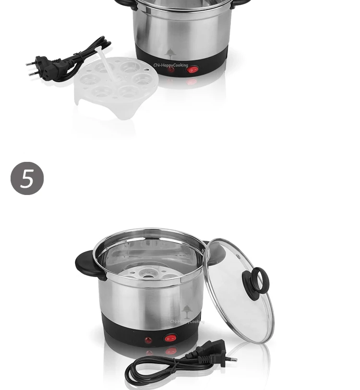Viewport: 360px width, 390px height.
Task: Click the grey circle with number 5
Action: click(27, 179)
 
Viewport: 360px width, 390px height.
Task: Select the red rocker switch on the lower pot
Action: click(169, 339)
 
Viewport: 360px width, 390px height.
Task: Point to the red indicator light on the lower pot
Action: click(149, 340)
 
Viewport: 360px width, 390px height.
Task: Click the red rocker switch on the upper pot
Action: click(192, 70)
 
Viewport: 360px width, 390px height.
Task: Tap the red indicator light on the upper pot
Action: click(171, 70)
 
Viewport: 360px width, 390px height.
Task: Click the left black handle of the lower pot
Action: click(88, 264)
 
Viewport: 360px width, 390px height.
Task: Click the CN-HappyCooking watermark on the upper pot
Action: click(171, 65)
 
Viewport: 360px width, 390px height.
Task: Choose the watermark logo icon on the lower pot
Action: click(187, 310)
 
